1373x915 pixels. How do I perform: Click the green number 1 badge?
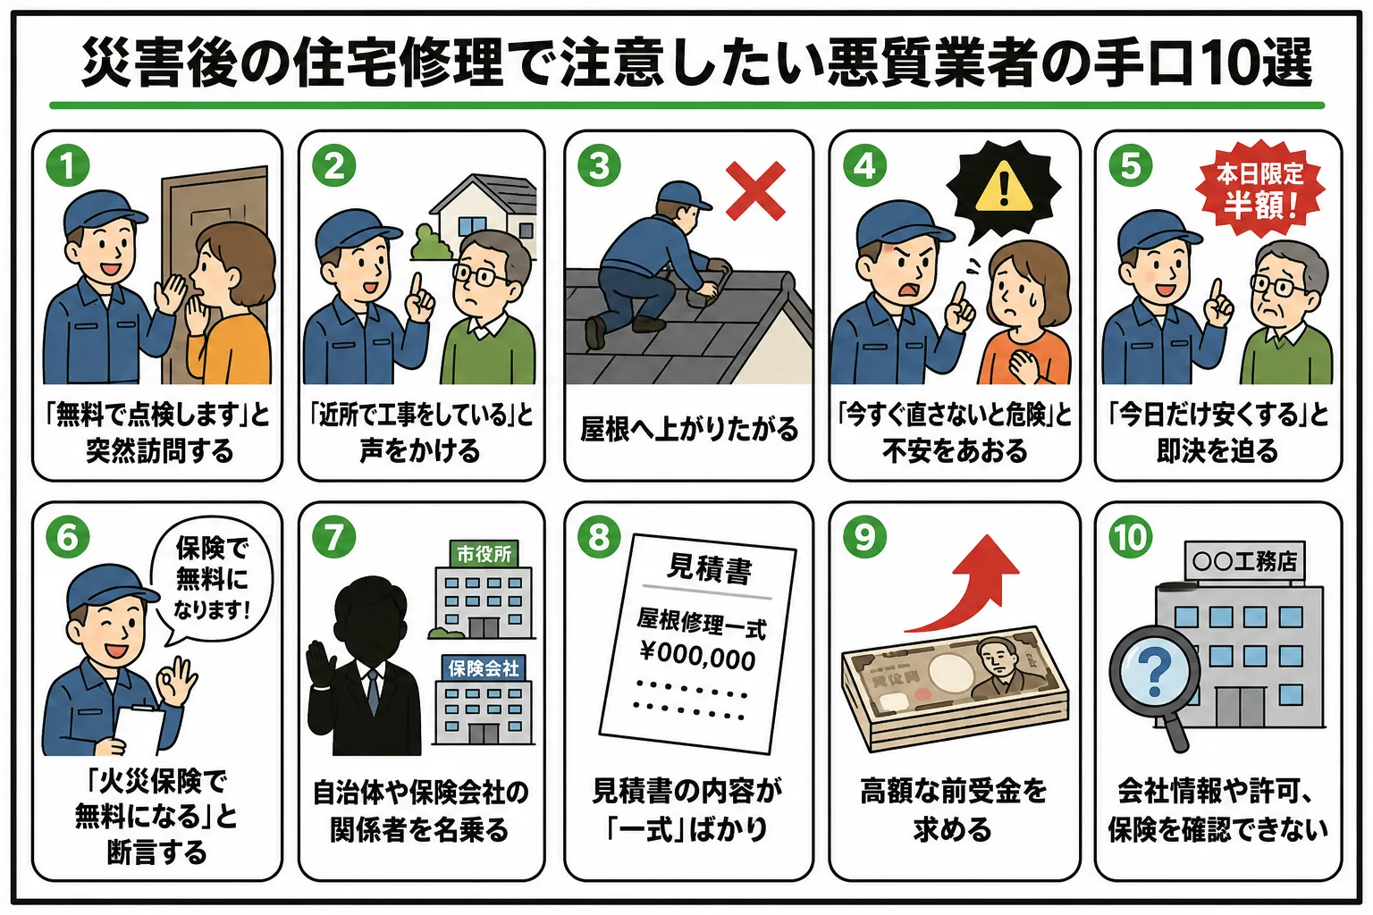(67, 165)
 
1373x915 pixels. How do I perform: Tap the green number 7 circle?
(333, 537)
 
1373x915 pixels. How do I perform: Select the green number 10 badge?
(1130, 537)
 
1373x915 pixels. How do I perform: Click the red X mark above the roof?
(755, 190)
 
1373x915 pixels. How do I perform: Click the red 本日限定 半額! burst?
(1260, 189)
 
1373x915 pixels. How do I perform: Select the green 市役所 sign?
(484, 554)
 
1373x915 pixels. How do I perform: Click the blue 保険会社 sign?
(484, 668)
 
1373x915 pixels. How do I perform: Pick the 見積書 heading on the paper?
(710, 568)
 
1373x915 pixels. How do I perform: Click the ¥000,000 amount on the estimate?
(697, 655)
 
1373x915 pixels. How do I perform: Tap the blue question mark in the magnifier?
(1154, 672)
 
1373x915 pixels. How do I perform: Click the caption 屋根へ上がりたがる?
(689, 429)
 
